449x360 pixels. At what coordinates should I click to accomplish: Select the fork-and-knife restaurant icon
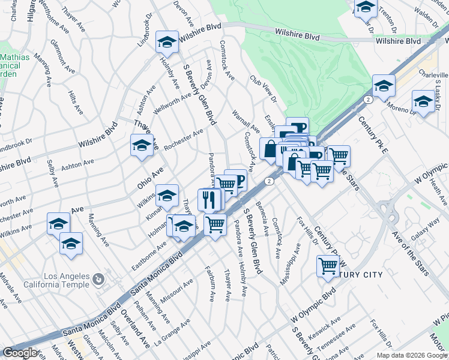point(208,199)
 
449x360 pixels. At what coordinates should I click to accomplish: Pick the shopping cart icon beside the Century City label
point(328,265)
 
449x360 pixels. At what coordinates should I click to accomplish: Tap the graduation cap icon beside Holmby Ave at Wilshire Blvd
point(166,42)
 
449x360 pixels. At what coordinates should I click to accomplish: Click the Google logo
point(20,353)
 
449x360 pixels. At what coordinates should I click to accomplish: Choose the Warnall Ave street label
point(246,121)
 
